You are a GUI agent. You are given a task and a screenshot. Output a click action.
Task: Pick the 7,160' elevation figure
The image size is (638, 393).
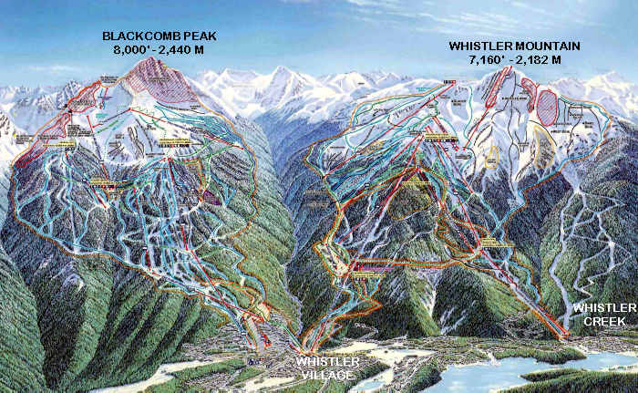coord(485,59)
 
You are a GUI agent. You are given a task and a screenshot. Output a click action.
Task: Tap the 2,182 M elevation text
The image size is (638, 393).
coord(540,59)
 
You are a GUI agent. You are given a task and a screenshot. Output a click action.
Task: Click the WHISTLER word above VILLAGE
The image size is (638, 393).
coord(328,362)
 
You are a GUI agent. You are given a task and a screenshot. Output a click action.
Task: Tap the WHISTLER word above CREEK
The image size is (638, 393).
coord(599,309)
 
